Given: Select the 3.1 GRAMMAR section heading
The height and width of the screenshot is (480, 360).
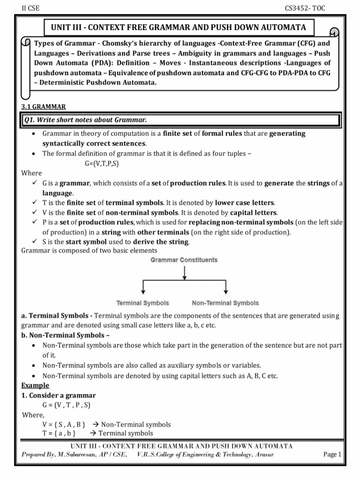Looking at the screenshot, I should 44,106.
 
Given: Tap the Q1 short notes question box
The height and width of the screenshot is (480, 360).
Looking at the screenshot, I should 180,120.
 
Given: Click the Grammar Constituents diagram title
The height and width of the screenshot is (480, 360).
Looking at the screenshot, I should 184,259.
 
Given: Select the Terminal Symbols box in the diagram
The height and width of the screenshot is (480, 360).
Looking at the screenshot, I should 142,303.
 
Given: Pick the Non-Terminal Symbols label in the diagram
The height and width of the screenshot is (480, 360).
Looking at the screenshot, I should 225,303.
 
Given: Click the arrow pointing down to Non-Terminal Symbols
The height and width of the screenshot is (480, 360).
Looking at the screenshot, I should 226,287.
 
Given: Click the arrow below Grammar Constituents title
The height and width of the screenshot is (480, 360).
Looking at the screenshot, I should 185,272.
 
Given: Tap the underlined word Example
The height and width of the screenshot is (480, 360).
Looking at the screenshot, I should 35,385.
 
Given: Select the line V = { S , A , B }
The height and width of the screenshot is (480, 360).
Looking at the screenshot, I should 64,424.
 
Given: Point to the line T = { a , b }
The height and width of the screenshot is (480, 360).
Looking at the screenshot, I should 59,433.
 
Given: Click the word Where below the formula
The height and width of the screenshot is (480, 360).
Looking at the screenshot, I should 31,172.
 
